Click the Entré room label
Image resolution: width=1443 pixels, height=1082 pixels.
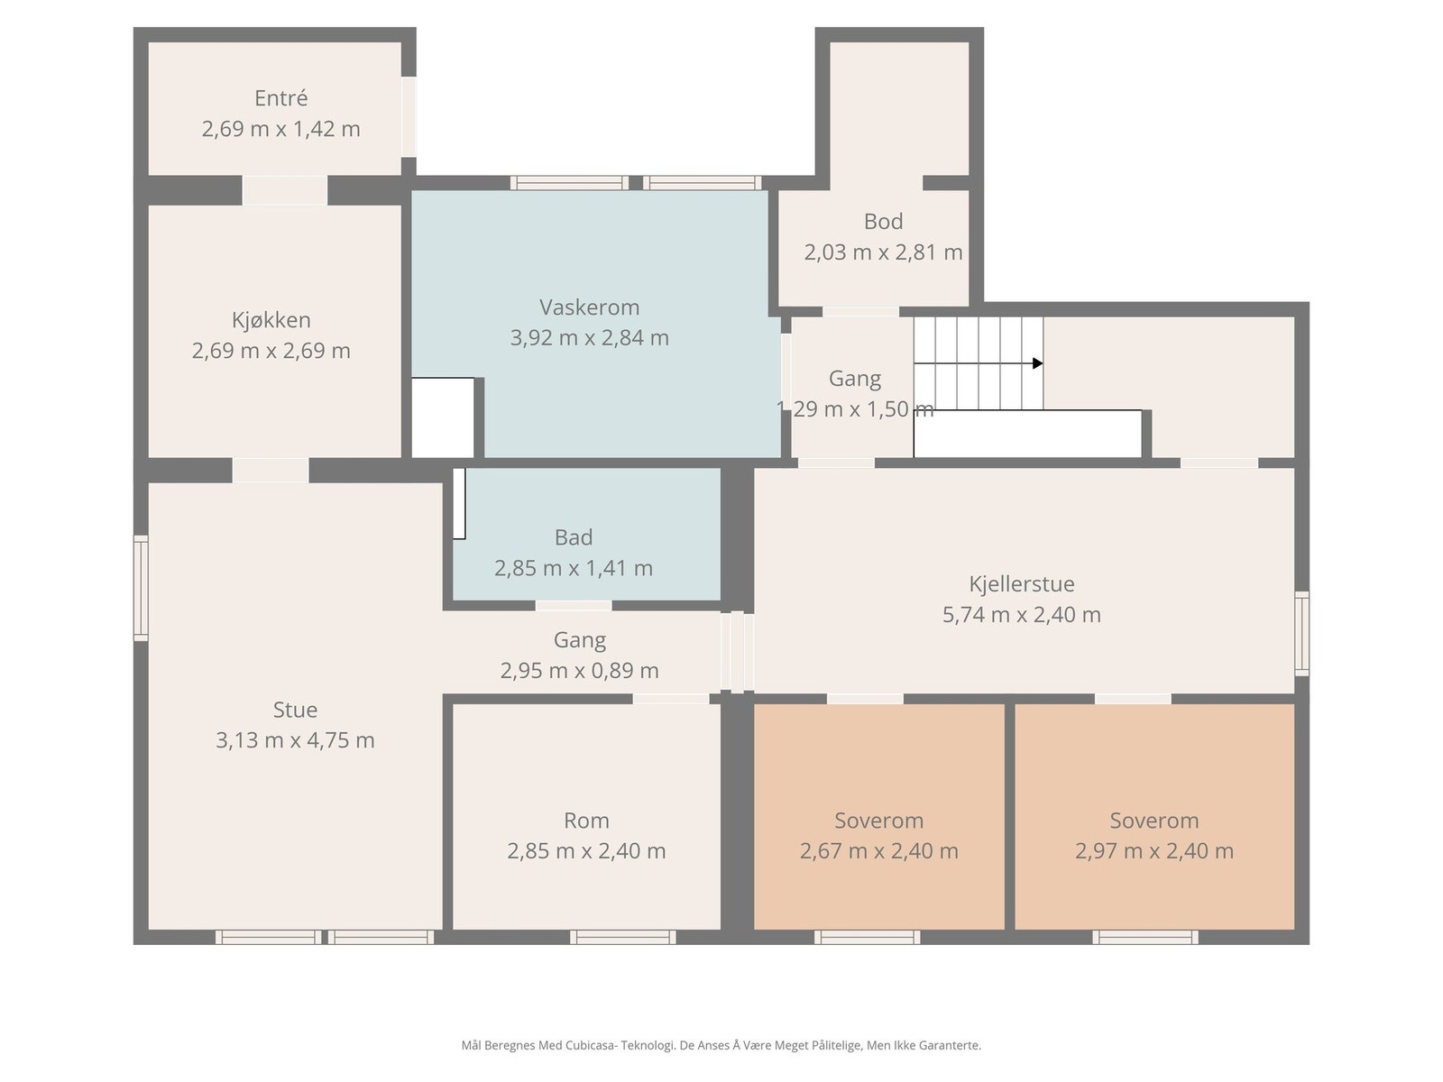[280, 98]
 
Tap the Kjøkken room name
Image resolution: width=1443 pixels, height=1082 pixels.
[271, 320]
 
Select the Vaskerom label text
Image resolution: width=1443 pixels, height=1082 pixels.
[589, 307]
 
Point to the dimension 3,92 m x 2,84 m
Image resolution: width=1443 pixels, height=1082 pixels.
[589, 337]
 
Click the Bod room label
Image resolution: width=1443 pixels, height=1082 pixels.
[883, 222]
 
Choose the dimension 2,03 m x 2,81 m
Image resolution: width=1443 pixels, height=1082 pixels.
[883, 252]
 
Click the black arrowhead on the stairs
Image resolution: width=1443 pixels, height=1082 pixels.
[1037, 363]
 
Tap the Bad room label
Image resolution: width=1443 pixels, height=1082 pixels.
[574, 537]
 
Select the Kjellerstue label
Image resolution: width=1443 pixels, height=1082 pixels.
[1021, 583]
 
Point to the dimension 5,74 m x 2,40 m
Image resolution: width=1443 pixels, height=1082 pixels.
[1021, 614]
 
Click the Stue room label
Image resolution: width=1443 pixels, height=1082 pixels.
[295, 710]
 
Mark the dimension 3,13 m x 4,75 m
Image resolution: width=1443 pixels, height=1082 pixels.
[295, 740]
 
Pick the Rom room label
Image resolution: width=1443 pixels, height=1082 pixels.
[586, 821]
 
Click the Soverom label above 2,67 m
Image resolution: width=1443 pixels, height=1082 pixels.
[879, 821]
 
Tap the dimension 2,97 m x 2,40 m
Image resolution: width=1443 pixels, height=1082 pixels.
[1153, 851]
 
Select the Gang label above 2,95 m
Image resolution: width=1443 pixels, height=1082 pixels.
[579, 640]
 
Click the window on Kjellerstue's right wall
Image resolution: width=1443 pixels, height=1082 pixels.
[1301, 633]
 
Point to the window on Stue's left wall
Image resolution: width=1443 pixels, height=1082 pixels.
[141, 588]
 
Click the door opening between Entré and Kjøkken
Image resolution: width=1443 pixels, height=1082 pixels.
[285, 190]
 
